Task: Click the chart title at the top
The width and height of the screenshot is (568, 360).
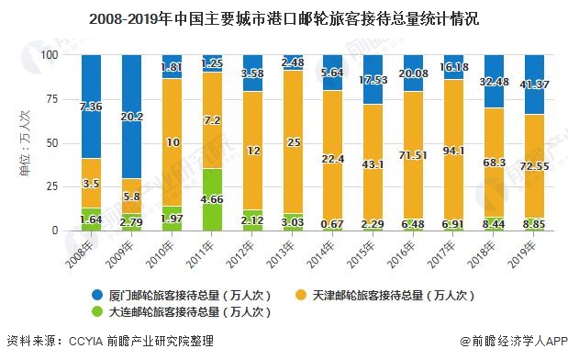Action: [x=284, y=17]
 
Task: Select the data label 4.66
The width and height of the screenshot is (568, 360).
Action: [x=211, y=197]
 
